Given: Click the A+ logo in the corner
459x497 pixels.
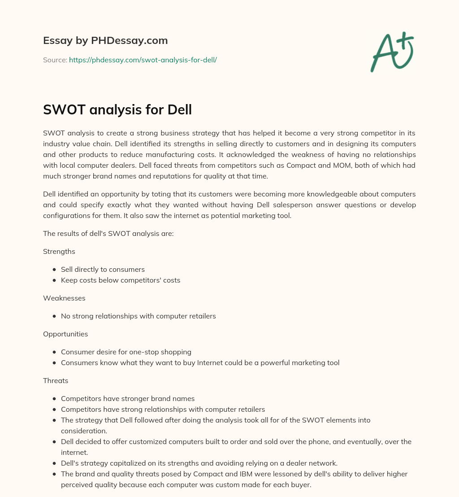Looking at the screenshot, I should (x=392, y=52).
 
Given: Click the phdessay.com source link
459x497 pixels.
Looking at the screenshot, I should (x=143, y=60).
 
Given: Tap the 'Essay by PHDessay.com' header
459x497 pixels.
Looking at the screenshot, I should (x=105, y=41).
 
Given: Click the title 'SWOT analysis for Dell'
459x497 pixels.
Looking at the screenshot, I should (x=117, y=109).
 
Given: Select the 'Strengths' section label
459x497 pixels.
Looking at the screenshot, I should (x=59, y=252).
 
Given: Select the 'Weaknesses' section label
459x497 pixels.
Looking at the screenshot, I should (x=64, y=298).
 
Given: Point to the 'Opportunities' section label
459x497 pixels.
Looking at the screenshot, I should (x=65, y=334).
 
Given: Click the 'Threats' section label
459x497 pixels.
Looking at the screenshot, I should (x=56, y=380).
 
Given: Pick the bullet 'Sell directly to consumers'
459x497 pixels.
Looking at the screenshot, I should (x=103, y=270).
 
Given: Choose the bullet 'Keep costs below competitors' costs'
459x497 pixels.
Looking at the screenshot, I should (x=120, y=280).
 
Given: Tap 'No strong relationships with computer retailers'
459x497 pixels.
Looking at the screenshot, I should (x=138, y=316).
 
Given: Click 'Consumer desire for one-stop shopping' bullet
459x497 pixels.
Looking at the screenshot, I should (x=126, y=352).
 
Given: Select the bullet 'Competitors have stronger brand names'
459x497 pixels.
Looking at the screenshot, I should (x=127, y=398).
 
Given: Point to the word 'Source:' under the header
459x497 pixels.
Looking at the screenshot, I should (x=55, y=60).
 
